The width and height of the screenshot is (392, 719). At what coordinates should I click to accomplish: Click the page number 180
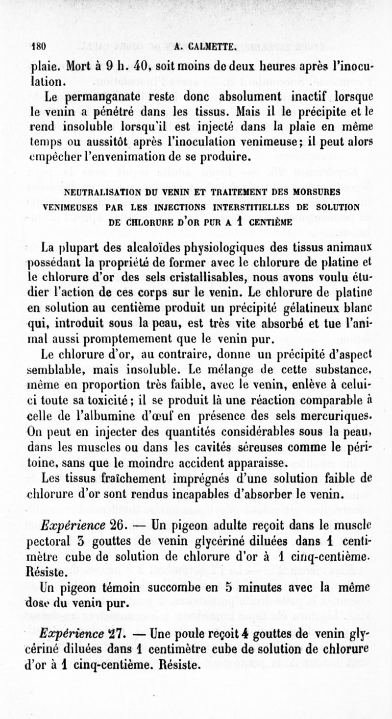tap(38, 48)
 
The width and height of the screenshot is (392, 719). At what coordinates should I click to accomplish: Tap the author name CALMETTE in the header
tap(214, 48)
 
